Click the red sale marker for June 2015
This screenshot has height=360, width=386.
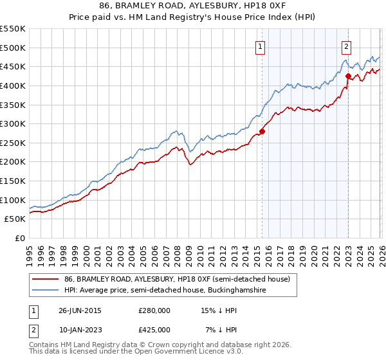click(x=262, y=131)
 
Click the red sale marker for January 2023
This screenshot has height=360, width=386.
click(x=348, y=76)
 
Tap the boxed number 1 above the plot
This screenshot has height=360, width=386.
click(x=261, y=46)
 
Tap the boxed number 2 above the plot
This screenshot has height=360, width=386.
click(x=346, y=46)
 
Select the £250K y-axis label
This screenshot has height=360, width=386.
click(x=14, y=143)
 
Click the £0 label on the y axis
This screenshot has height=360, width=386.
click(x=19, y=238)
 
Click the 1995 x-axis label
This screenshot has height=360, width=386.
click(x=30, y=251)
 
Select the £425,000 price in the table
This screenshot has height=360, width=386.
click(x=154, y=330)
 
